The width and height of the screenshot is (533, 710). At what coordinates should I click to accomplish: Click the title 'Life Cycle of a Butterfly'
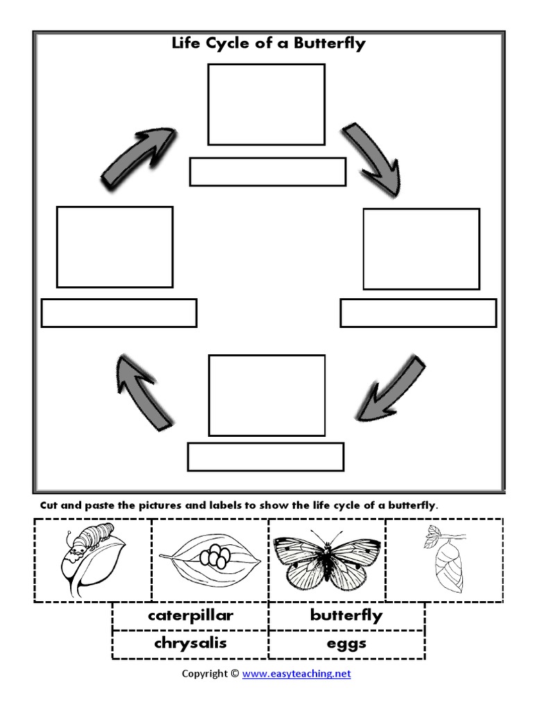(268, 44)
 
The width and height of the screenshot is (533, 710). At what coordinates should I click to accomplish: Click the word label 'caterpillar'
(190, 616)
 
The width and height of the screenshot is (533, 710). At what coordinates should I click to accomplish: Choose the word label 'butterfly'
(346, 616)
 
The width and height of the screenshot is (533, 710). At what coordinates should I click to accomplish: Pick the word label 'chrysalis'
(190, 643)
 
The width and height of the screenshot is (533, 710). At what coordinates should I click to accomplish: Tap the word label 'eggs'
(346, 644)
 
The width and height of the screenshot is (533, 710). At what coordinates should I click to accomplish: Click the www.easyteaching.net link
(296, 673)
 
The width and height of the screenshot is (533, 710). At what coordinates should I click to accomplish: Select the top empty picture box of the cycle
(266, 105)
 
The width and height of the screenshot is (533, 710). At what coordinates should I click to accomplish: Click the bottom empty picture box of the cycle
(266, 395)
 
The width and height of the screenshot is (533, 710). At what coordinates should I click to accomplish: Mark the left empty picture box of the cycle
(115, 247)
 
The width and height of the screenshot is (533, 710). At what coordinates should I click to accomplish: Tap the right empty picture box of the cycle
(421, 249)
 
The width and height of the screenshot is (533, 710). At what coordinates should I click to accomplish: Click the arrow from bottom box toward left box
(142, 392)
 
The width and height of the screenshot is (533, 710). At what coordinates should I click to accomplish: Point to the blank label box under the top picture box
(267, 172)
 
